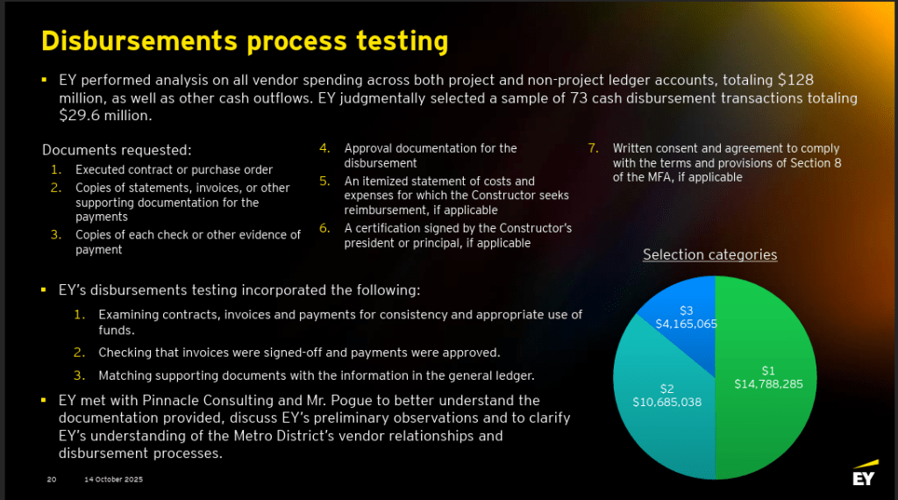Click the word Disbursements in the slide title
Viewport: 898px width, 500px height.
point(139,41)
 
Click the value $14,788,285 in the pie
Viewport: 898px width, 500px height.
point(768,384)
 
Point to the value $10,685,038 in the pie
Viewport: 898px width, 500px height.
point(667,402)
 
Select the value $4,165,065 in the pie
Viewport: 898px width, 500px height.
point(686,325)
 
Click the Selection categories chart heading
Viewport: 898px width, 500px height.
point(709,255)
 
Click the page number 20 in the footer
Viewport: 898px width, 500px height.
point(52,479)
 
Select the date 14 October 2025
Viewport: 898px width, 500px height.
point(113,479)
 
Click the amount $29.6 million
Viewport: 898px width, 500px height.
point(105,116)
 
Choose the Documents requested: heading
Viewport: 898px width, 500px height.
point(117,150)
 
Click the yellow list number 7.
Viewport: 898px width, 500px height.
point(594,148)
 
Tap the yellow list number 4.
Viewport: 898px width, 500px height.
point(324,148)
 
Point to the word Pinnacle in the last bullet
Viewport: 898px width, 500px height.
point(170,400)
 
